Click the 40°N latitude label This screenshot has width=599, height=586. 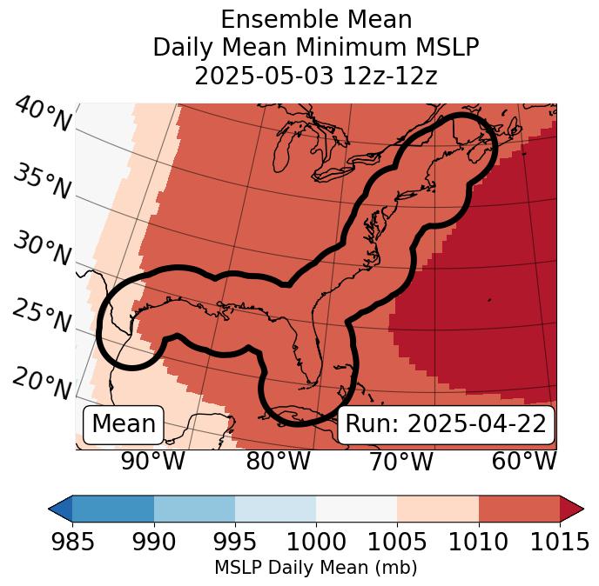pyautogui.click(x=43, y=116)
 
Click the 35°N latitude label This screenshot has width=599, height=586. pyautogui.click(x=42, y=183)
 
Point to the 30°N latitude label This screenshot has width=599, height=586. pyautogui.click(x=42, y=250)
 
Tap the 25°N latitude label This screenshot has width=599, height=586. pyautogui.click(x=42, y=317)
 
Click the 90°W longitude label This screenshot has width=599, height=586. pyautogui.click(x=152, y=462)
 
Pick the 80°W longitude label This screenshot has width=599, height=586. pyautogui.click(x=279, y=462)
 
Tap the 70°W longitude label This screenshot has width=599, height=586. pyautogui.click(x=401, y=462)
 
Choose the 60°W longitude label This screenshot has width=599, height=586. pyautogui.click(x=524, y=462)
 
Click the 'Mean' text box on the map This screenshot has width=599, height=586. pyautogui.click(x=124, y=424)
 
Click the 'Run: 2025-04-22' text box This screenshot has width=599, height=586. pyautogui.click(x=446, y=424)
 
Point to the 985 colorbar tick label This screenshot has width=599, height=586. pyautogui.click(x=72, y=543)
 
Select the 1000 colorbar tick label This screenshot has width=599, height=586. pyautogui.click(x=316, y=543)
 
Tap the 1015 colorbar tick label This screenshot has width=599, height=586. pyautogui.click(x=560, y=543)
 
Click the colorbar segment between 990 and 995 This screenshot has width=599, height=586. pyautogui.click(x=194, y=508)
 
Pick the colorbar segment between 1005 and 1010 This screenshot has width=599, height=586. pyautogui.click(x=438, y=508)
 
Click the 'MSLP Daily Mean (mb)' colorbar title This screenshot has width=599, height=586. pyautogui.click(x=315, y=569)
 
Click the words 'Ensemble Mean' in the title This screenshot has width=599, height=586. pyautogui.click(x=316, y=19)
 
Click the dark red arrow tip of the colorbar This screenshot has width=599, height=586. pyautogui.click(x=573, y=508)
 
